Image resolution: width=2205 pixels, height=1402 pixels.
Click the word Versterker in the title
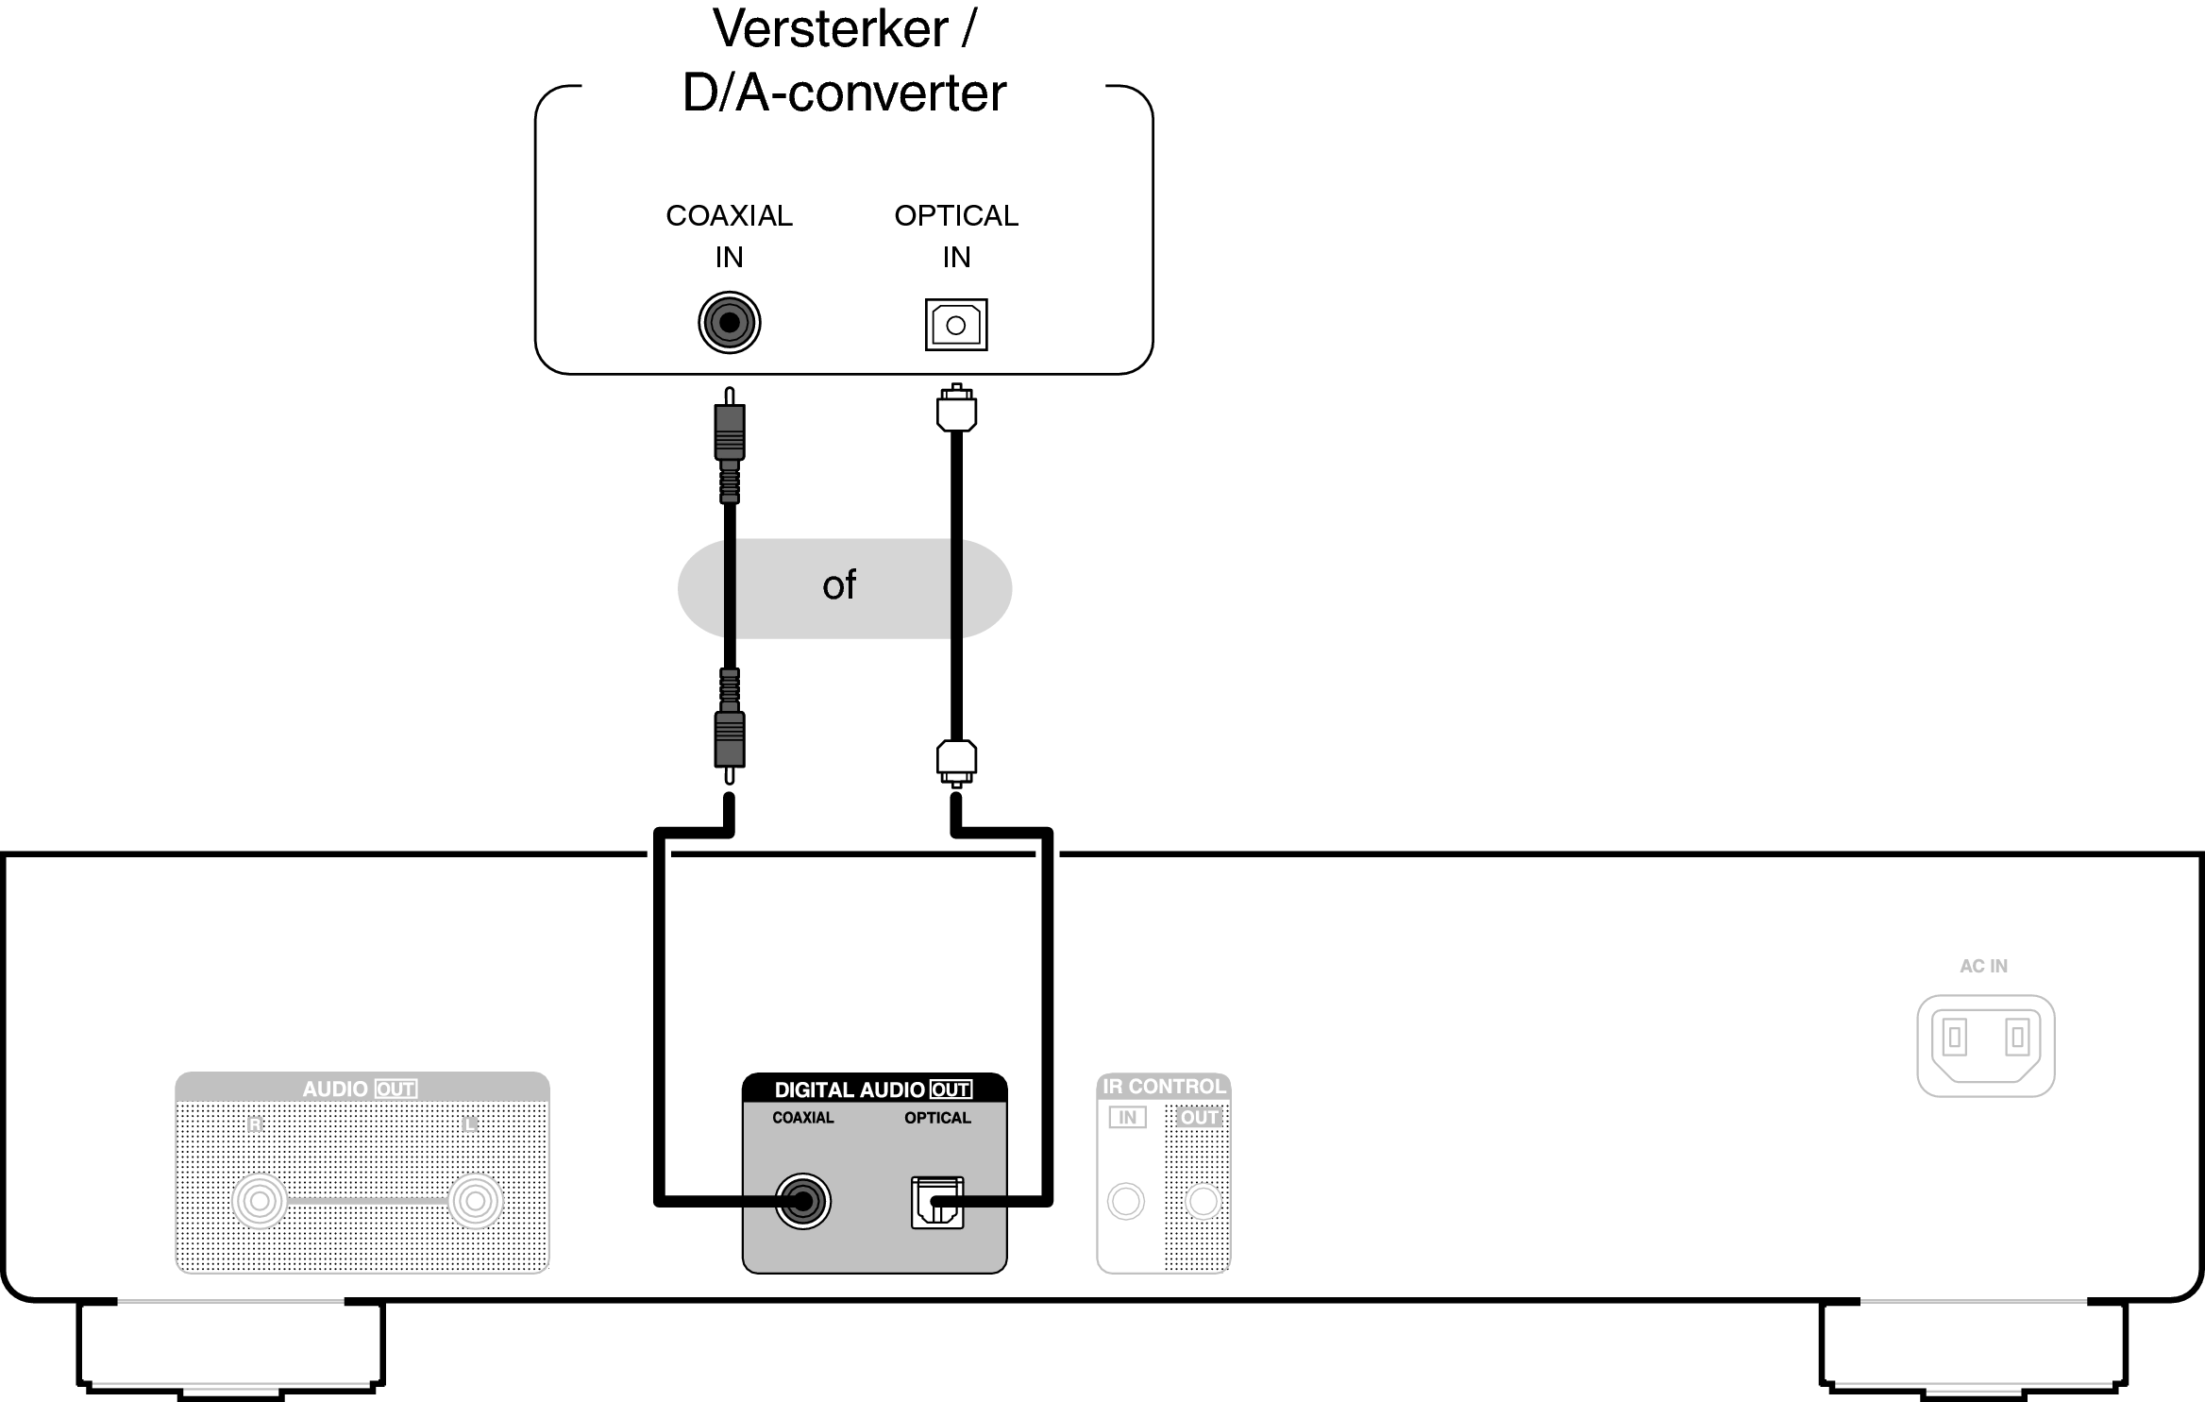[x=831, y=28]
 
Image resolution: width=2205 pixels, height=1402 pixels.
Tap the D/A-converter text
[x=844, y=93]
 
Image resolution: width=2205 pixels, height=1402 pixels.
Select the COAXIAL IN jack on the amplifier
[x=729, y=323]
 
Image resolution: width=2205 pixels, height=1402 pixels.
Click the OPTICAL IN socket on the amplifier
[x=955, y=325]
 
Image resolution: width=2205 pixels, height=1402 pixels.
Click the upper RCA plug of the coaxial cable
[x=729, y=432]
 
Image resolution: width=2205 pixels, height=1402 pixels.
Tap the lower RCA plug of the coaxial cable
[x=729, y=738]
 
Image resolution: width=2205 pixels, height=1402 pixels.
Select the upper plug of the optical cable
[x=956, y=411]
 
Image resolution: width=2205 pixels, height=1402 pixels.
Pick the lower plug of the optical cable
[x=956, y=761]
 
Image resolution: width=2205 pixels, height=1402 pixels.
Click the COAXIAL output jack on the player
[x=802, y=1201]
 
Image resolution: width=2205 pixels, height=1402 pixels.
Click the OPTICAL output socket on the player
[x=936, y=1202]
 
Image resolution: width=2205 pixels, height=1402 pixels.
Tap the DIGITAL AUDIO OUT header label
[x=873, y=1090]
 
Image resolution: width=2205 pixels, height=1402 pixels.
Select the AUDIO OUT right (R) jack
[x=260, y=1201]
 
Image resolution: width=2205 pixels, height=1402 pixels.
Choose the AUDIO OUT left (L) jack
[x=475, y=1201]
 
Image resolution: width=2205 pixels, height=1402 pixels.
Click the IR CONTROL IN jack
[x=1125, y=1201]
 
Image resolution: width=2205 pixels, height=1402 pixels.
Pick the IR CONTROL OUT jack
[x=1203, y=1201]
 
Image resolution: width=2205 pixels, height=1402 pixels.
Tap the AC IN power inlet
[x=1986, y=1045]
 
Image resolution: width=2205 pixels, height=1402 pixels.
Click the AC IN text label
[x=1983, y=966]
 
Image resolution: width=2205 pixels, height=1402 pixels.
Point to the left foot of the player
[x=231, y=1345]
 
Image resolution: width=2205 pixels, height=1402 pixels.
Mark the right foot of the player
[x=1973, y=1345]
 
